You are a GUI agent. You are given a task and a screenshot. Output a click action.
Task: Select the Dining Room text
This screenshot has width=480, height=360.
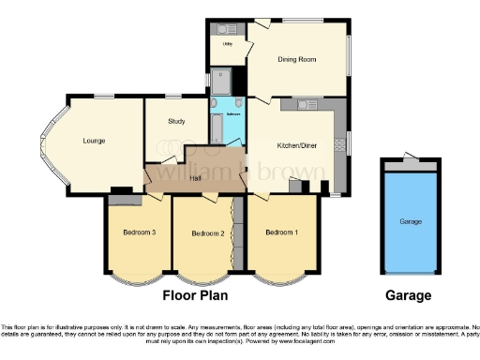click(296, 60)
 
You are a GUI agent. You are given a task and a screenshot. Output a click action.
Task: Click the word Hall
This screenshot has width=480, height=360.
click(196, 177)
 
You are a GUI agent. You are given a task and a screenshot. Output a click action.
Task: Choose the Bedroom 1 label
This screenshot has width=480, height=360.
click(281, 232)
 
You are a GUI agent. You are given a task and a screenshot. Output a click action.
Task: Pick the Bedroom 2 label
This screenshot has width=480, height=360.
click(207, 233)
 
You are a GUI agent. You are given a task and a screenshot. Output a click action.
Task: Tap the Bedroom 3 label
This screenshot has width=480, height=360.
click(139, 232)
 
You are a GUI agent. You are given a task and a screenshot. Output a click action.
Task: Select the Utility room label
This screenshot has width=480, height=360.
click(227, 43)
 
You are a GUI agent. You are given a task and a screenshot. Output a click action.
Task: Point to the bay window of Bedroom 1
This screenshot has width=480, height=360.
click(281, 277)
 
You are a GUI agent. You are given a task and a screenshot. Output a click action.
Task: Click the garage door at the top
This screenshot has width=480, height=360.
click(410, 164)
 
